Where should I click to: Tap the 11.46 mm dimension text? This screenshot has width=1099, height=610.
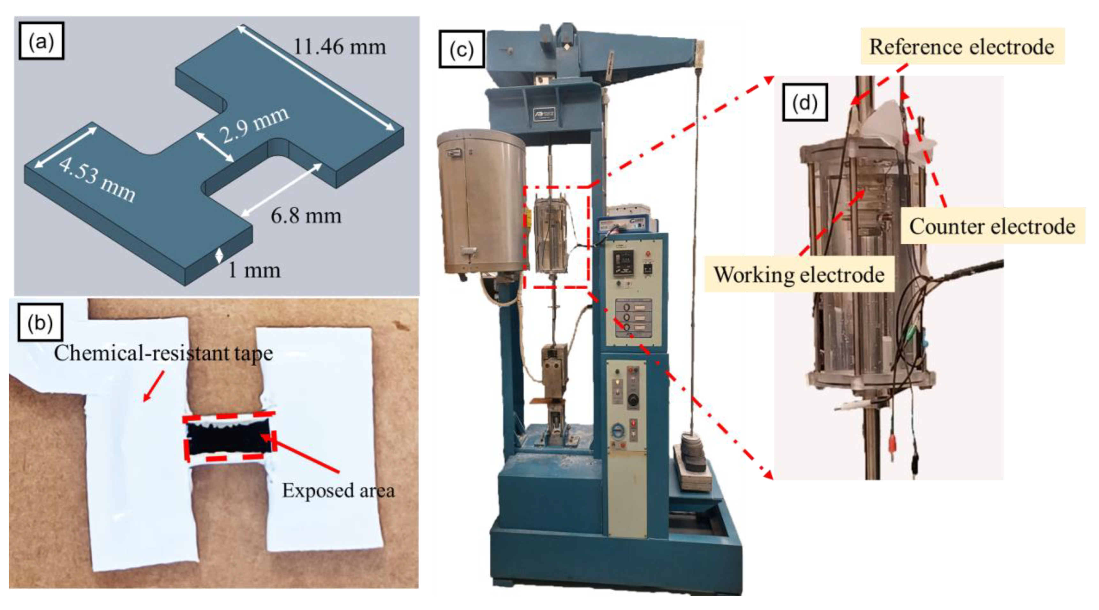pyautogui.click(x=340, y=47)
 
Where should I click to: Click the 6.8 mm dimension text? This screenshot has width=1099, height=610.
pyautogui.click(x=306, y=216)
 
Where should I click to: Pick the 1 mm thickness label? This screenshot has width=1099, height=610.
pyautogui.click(x=255, y=270)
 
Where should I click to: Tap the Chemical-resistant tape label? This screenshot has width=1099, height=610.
pyautogui.click(x=163, y=353)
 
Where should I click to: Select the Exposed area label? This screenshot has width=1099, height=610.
pyautogui.click(x=338, y=490)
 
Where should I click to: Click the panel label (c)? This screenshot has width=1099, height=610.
pyautogui.click(x=462, y=49)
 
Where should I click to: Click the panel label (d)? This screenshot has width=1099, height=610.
pyautogui.click(x=805, y=103)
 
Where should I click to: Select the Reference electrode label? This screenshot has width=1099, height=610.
pyautogui.click(x=962, y=47)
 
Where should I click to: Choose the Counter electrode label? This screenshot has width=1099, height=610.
pyautogui.click(x=992, y=226)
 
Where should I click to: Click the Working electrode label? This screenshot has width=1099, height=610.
pyautogui.click(x=799, y=274)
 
